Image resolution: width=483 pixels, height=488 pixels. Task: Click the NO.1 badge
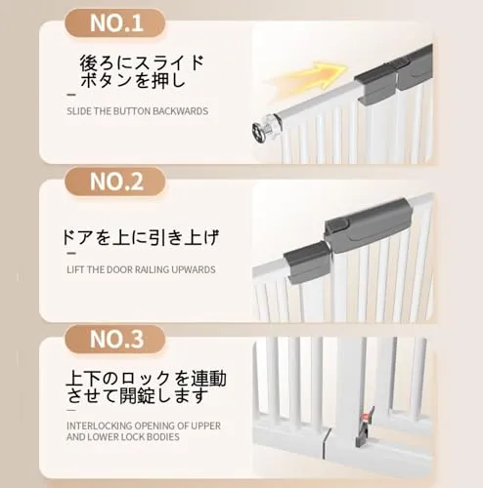pos(115,22)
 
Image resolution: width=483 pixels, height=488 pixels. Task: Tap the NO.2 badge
pos(115,182)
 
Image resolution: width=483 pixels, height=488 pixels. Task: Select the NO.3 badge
pos(115,339)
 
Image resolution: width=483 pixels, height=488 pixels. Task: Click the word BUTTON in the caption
pos(131,111)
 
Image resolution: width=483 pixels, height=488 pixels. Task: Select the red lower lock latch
pos(368,417)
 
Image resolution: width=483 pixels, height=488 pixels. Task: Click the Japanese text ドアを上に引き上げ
pos(140,238)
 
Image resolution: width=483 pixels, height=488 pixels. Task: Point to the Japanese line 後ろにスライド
pos(141,62)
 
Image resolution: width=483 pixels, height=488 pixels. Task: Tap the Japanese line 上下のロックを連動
pos(146,379)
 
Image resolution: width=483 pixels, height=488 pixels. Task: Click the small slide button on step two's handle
pos(338,225)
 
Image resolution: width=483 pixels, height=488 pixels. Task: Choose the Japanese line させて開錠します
pos(137,395)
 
